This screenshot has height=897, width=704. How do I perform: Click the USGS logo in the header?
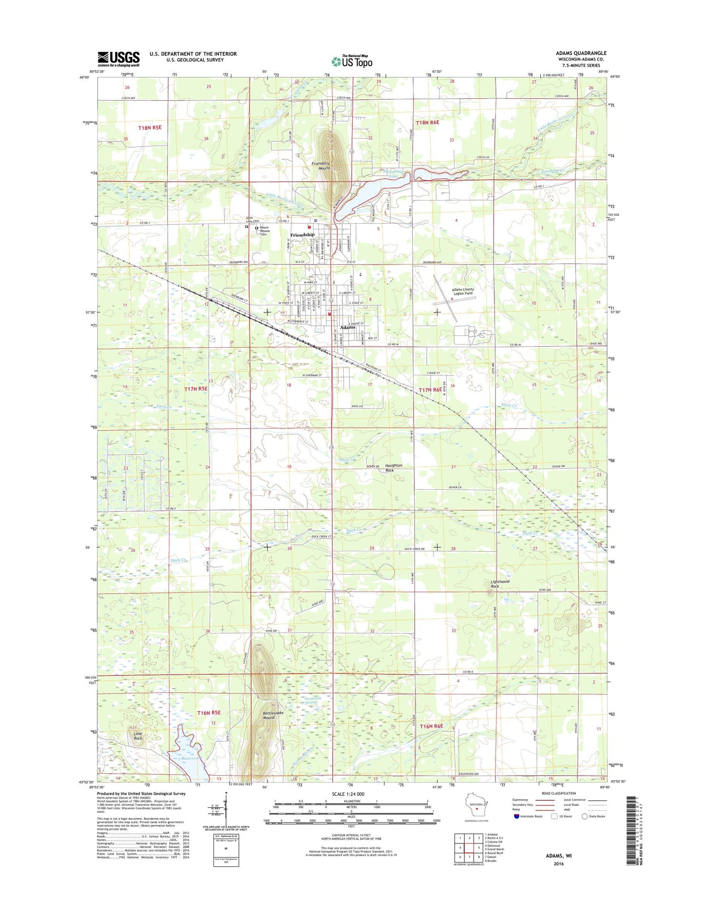pyautogui.click(x=118, y=59)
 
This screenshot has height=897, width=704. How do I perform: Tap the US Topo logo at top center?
pyautogui.click(x=352, y=61)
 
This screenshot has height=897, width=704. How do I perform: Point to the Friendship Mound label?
pyautogui.click(x=321, y=166)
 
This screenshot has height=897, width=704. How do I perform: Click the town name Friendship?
pyautogui.click(x=302, y=235)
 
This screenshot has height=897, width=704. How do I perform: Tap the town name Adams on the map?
pyautogui.click(x=347, y=327)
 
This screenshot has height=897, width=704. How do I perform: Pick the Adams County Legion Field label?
pyautogui.click(x=463, y=291)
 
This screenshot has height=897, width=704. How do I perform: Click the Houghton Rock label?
pyautogui.click(x=393, y=467)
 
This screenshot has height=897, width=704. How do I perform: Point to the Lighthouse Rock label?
pyautogui.click(x=500, y=584)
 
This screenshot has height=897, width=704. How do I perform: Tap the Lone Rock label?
pyautogui.click(x=138, y=736)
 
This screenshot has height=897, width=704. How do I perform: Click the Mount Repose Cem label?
pyautogui.click(x=264, y=230)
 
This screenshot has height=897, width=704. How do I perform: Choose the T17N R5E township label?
pyautogui.click(x=196, y=389)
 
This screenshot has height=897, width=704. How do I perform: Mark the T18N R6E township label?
pyautogui.click(x=427, y=123)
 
